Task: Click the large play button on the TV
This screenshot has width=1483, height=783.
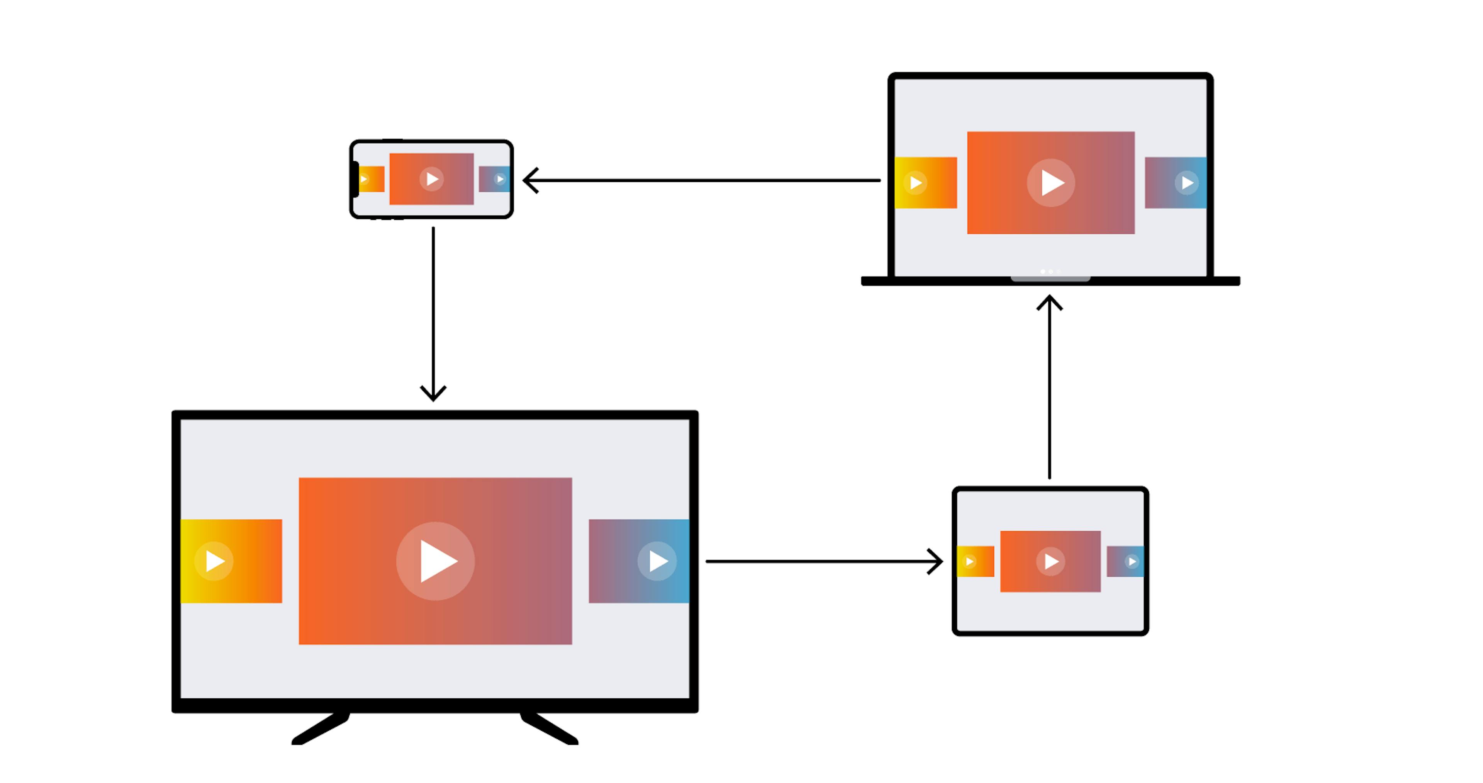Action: coord(435,561)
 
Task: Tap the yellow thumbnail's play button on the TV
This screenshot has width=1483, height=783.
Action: coord(214,561)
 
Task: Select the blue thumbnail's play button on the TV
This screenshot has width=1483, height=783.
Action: coord(657,561)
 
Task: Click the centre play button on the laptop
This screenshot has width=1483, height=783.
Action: coord(1050,182)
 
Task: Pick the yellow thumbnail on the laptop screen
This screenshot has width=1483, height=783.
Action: coord(926,182)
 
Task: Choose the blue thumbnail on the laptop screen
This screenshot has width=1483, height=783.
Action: coord(1176,182)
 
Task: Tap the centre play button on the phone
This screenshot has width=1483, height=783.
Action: coord(432,179)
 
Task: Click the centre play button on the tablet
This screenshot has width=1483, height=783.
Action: coord(1050,561)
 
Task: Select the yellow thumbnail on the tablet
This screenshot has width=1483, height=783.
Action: coord(975,561)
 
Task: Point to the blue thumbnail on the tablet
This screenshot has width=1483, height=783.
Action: coord(1125,561)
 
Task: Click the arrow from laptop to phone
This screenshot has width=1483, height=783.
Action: coord(702,180)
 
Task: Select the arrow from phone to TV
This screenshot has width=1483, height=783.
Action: coord(433,311)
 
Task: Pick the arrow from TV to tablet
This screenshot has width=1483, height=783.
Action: coord(823,561)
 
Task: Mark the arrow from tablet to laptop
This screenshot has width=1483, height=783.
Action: coord(1050,386)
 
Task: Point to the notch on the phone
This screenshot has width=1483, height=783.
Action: coord(355,179)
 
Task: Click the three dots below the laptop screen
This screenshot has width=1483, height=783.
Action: coord(1050,271)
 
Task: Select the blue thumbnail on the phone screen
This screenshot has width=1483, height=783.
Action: coord(494,179)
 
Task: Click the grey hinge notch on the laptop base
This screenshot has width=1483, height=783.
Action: coord(1050,279)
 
